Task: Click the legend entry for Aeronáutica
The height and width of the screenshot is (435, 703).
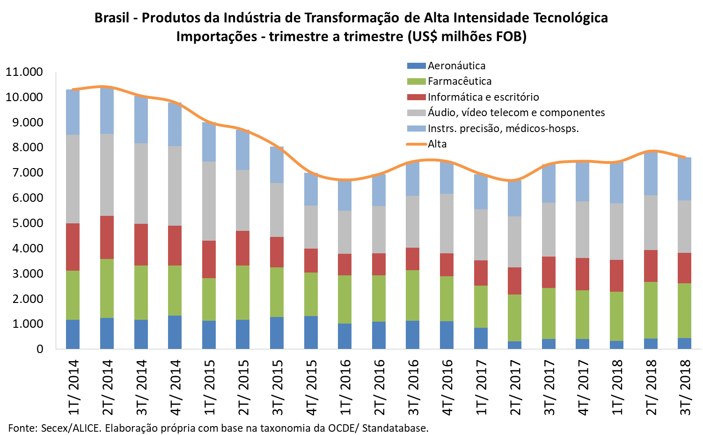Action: [x=456, y=66]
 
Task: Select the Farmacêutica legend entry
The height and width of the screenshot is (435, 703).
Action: [x=459, y=81]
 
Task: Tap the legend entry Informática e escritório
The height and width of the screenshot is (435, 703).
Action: [x=483, y=97]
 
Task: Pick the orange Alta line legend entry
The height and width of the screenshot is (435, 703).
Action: [x=437, y=144]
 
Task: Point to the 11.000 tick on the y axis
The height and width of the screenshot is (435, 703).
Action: [x=24, y=72]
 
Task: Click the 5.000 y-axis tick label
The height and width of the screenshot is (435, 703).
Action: [x=24, y=223]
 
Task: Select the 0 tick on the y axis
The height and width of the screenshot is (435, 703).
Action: [x=40, y=349]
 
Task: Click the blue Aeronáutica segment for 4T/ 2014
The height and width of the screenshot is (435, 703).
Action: [x=175, y=332]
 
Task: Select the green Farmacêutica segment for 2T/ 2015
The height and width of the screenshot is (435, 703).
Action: [x=243, y=293]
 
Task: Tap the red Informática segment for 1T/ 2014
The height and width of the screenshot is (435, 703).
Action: [x=73, y=247]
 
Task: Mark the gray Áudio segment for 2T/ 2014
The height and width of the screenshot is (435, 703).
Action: [x=107, y=175]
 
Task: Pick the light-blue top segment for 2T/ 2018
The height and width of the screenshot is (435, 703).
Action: [x=651, y=173]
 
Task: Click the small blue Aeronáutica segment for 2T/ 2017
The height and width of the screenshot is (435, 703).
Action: [x=515, y=345]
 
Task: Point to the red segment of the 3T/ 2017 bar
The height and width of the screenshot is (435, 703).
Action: [x=549, y=272]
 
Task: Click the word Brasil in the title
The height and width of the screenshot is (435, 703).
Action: [x=112, y=18]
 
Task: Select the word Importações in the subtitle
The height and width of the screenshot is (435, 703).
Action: [x=216, y=37]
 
